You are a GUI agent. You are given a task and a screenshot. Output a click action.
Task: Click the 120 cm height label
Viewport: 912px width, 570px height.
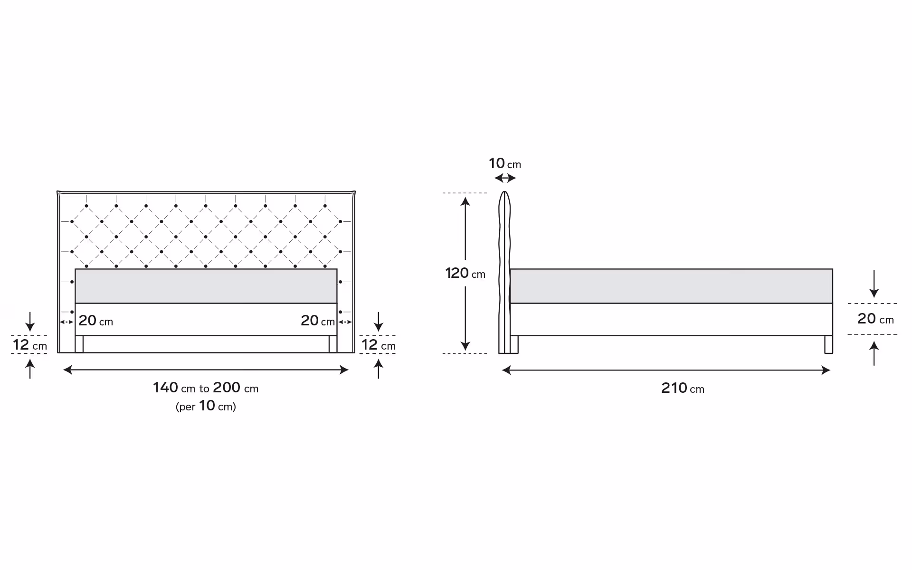coord(465,273)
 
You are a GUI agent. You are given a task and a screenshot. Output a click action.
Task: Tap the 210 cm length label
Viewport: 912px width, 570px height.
coord(683,388)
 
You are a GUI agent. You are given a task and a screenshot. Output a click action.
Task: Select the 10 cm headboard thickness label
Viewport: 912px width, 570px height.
coord(505,163)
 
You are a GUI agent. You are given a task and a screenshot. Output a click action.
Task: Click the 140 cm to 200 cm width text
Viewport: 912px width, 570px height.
coord(206,388)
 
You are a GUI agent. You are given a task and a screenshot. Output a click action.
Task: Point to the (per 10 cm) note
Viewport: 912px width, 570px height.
coord(206,406)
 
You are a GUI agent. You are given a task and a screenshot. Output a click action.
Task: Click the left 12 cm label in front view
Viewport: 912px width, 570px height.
coord(30,345)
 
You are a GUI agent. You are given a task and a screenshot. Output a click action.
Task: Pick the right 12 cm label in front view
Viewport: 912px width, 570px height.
coord(378,345)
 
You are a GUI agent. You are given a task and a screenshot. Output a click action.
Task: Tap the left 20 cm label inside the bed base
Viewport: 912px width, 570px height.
coord(95,321)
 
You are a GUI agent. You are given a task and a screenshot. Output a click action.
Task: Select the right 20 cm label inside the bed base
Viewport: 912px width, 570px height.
coord(318,321)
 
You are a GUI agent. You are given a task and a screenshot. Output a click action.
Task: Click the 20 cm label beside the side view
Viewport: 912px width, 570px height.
coord(875,319)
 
